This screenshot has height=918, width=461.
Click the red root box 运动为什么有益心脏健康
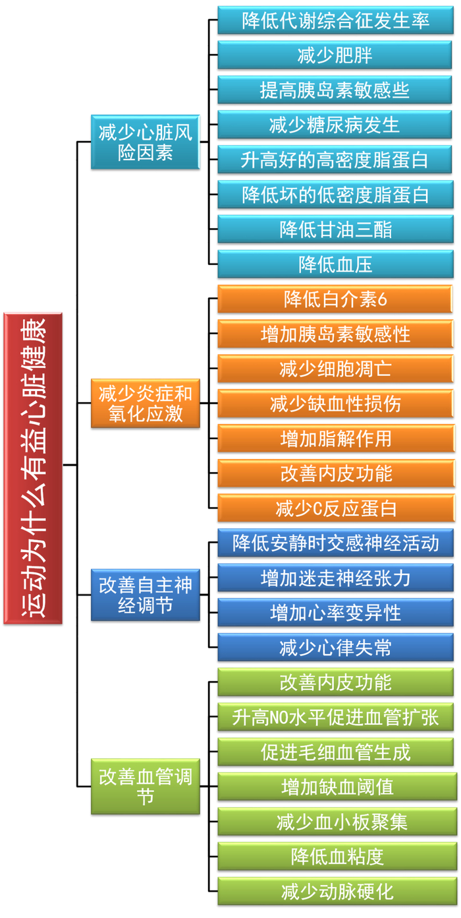[x=33, y=468]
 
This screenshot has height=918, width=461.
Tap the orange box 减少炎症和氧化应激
[x=145, y=404]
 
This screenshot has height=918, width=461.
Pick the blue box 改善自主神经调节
[x=145, y=595]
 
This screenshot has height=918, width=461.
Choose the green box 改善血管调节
[x=145, y=786]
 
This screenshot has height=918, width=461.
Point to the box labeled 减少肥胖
[x=335, y=55]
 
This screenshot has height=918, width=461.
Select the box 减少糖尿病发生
[x=335, y=125]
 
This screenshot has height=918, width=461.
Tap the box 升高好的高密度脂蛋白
[x=335, y=160]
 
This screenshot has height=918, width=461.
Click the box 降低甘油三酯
[x=335, y=229]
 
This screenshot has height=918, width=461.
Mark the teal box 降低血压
[x=335, y=264]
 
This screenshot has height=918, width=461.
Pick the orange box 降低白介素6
[x=335, y=299]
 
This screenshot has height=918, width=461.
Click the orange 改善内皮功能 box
[x=335, y=474]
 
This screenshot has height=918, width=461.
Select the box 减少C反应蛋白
[x=335, y=508]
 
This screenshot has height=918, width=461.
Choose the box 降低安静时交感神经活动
[x=335, y=543]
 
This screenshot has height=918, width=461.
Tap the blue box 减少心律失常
[x=335, y=648]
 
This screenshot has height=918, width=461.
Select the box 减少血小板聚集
[x=335, y=822]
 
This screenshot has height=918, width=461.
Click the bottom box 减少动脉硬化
[x=335, y=892]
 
